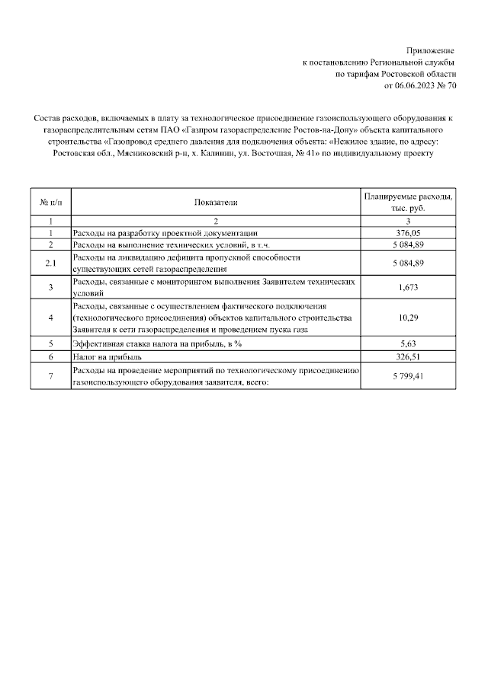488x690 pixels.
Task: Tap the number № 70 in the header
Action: coord(448,86)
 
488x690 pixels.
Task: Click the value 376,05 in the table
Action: coord(409,233)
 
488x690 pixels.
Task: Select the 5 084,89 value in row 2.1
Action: coord(409,264)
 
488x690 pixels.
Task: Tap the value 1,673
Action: coord(409,287)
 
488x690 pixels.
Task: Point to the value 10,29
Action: coord(409,318)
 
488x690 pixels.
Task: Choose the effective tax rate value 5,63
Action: coord(409,343)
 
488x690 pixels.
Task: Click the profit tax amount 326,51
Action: coord(409,356)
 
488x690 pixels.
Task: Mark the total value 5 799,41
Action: coord(409,376)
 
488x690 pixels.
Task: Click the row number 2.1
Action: coord(50,264)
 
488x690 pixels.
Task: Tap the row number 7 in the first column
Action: coord(50,376)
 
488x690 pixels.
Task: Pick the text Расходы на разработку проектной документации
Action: coord(165,233)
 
